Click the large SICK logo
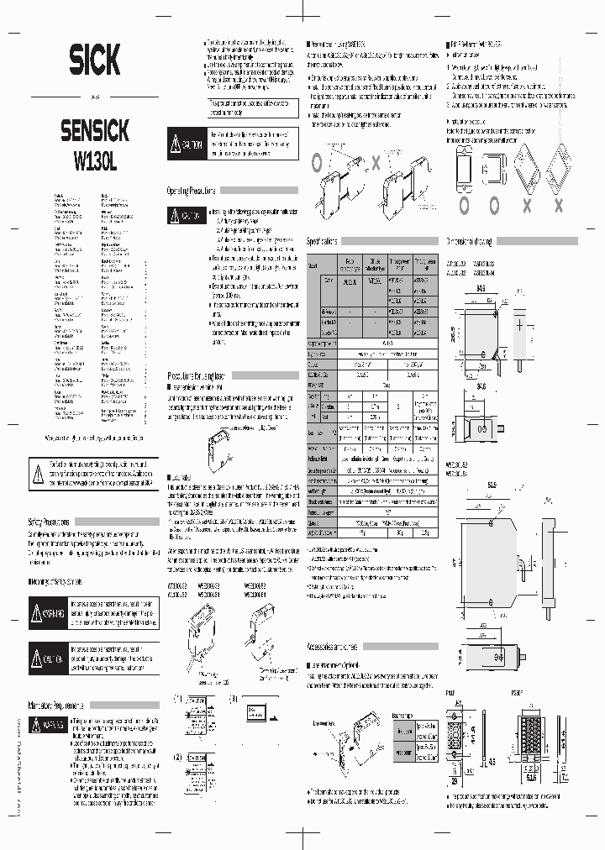coord(88,60)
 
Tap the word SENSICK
coord(94,130)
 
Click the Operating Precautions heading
coord(192,191)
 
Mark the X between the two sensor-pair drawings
coord(376,160)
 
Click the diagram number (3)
coord(234,699)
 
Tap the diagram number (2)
coord(177,756)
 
